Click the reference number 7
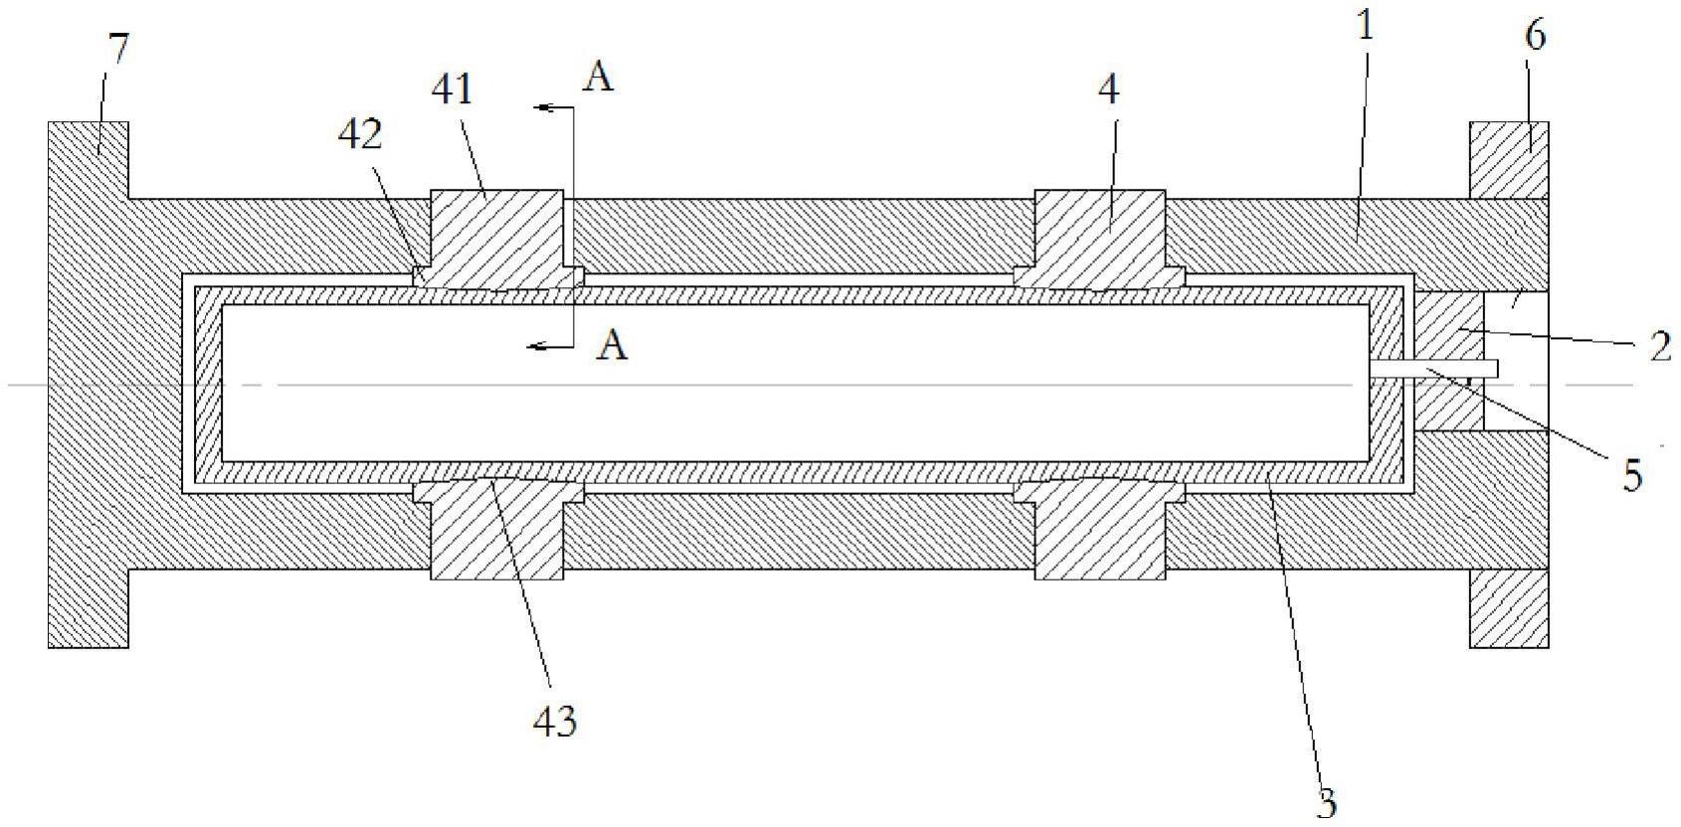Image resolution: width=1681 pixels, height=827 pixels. (x=117, y=48)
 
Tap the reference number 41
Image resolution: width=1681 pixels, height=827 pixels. (x=451, y=89)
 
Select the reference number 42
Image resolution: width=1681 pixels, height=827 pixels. (x=360, y=134)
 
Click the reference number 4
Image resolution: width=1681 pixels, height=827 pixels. (x=1108, y=89)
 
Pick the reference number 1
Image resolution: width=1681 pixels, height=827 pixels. (x=1366, y=27)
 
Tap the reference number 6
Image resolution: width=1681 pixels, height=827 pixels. (x=1535, y=37)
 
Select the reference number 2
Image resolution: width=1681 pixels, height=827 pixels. (x=1659, y=346)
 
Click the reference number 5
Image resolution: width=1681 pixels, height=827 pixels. (x=1632, y=476)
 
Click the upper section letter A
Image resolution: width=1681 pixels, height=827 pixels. (x=598, y=78)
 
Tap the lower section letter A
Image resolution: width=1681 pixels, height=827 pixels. (x=615, y=345)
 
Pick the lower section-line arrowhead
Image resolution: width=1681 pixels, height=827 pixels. (x=537, y=346)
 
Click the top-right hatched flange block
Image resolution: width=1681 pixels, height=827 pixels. (x=1509, y=160)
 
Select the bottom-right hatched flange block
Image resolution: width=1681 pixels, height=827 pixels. (x=1509, y=608)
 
